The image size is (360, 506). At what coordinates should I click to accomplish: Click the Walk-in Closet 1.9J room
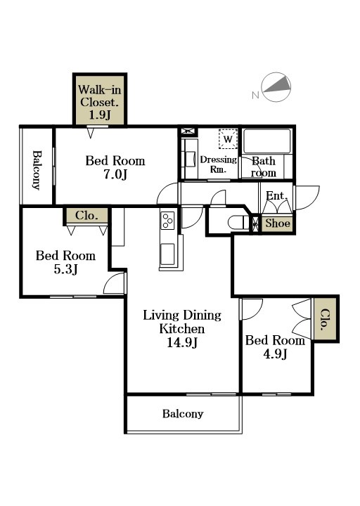pos(100,99)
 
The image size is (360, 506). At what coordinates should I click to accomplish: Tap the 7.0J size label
pos(115,174)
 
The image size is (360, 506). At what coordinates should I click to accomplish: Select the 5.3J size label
pos(65,269)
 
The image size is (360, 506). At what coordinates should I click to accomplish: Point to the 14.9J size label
pos(182,342)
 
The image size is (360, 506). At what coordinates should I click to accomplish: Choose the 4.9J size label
pos(275,354)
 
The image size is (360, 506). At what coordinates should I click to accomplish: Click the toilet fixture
pos(238,222)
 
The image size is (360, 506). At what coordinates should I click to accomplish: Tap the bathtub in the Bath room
pos(267,141)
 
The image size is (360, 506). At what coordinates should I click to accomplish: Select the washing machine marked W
pos(228,139)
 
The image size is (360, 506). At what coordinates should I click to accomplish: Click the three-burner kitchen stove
pos(167,220)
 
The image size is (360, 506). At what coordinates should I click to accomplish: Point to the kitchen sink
pos(167,254)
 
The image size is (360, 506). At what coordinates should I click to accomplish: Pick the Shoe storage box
pos(277,223)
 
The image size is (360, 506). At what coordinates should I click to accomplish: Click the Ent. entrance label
pos(277,196)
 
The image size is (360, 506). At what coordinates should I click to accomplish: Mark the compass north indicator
pos(276,87)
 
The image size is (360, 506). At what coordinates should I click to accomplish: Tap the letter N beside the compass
pos(255,95)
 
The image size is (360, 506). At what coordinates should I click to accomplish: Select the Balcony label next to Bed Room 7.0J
pos(37,170)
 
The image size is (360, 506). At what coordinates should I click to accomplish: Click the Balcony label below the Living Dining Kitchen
pos(183,414)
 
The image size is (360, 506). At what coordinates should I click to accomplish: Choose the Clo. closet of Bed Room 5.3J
pos(86,215)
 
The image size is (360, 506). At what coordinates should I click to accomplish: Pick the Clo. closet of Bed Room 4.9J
pos(326,320)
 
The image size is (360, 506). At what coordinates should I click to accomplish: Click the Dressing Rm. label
pos(218,164)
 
